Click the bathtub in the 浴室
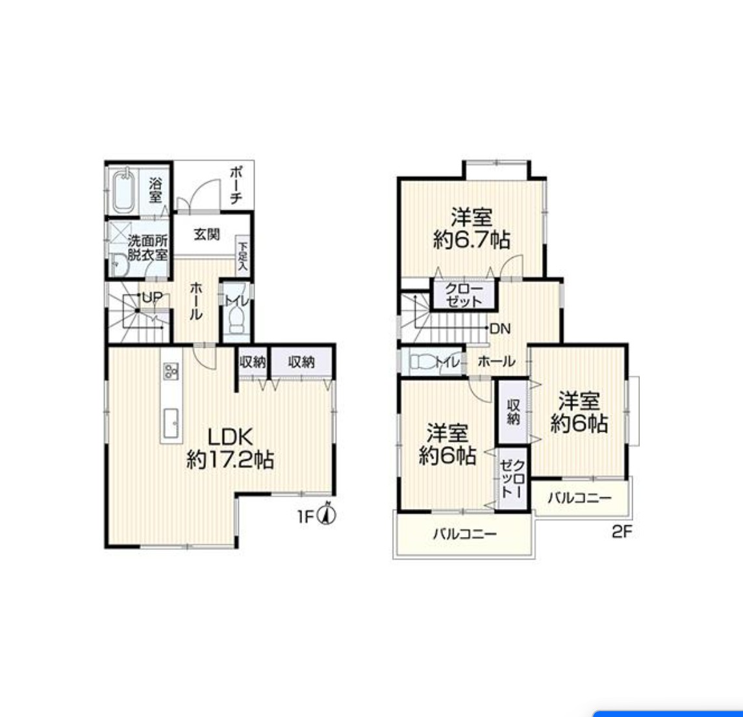click(124, 191)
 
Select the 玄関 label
click(207, 234)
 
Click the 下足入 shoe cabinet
click(243, 255)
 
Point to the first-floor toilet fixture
click(236, 318)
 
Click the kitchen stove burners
click(171, 371)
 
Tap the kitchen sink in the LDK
click(171, 423)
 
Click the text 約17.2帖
click(231, 460)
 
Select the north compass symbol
click(328, 514)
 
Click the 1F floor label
click(306, 516)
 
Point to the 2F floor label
click(622, 532)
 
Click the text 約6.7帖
click(472, 240)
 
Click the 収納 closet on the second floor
click(512, 411)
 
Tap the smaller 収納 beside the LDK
click(253, 362)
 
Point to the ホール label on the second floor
click(496, 362)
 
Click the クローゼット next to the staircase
click(464, 295)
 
